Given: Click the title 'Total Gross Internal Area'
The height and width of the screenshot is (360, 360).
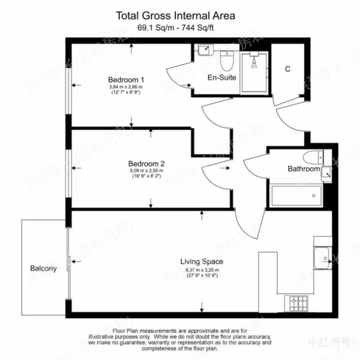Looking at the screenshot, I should [176, 16].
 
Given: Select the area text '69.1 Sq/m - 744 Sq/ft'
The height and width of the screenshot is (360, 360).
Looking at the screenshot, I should [176, 28].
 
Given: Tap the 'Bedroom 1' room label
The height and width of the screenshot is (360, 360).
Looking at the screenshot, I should [123, 79].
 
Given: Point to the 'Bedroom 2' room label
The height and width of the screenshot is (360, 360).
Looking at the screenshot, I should [146, 164].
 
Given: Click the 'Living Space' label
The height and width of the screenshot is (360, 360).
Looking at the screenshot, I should [202, 262].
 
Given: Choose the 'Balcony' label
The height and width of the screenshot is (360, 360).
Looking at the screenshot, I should [43, 269].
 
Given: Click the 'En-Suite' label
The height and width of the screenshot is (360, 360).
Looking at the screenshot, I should [222, 77].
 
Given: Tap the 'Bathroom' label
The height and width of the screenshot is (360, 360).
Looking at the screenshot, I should [303, 169].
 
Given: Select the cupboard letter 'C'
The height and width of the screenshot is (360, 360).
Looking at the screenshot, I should [288, 69].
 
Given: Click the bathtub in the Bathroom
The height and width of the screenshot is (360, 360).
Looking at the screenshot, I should [296, 195].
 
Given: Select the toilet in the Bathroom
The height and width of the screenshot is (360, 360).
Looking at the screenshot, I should [311, 156].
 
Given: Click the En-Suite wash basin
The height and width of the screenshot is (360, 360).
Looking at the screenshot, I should [205, 49].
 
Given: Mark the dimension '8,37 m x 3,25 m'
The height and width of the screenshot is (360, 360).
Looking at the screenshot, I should [202, 270].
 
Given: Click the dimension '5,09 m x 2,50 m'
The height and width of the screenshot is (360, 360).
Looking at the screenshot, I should [146, 171].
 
